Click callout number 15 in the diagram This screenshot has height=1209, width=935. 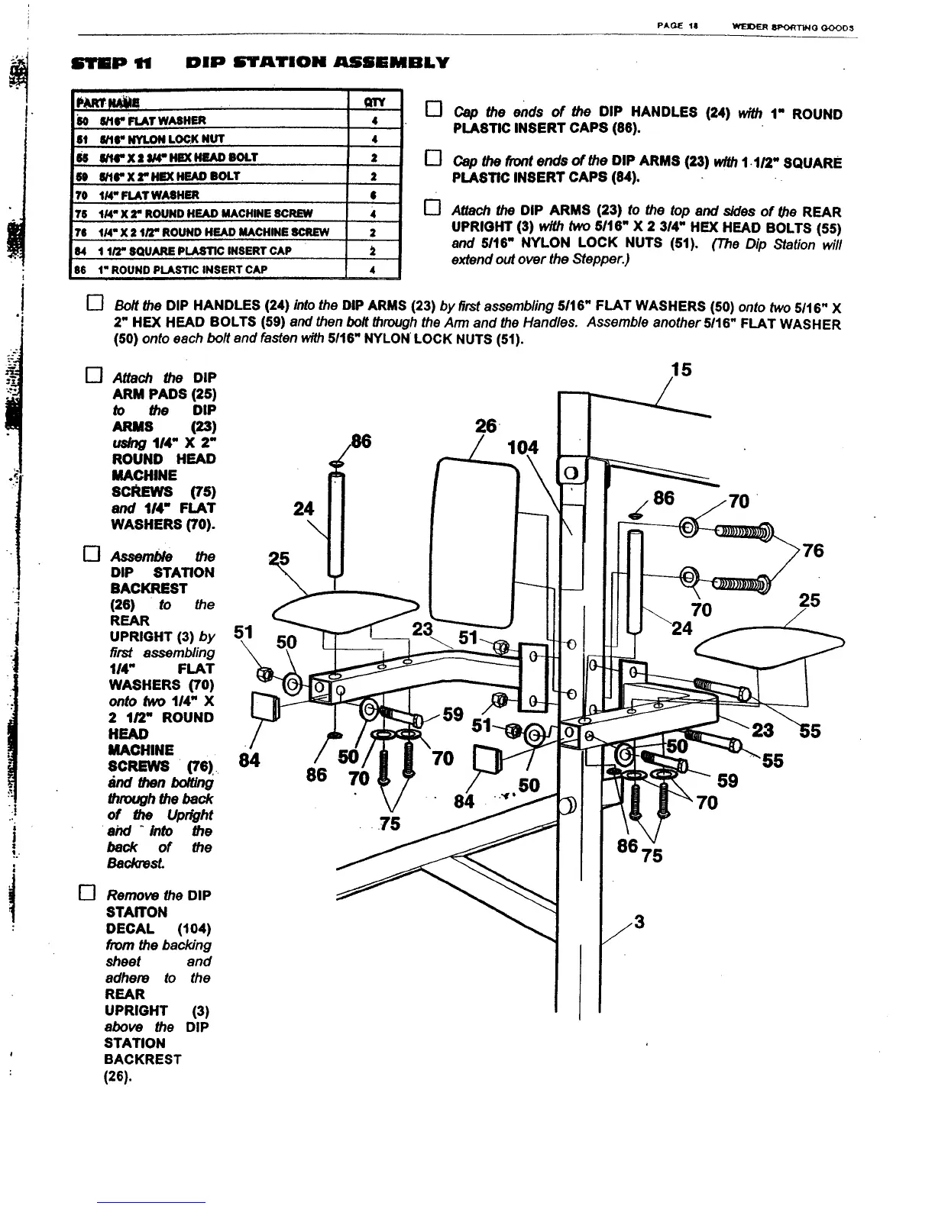click(681, 369)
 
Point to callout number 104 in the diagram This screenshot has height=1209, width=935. click(522, 447)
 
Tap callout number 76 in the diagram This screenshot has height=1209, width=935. click(813, 550)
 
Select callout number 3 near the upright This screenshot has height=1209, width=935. click(639, 922)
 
